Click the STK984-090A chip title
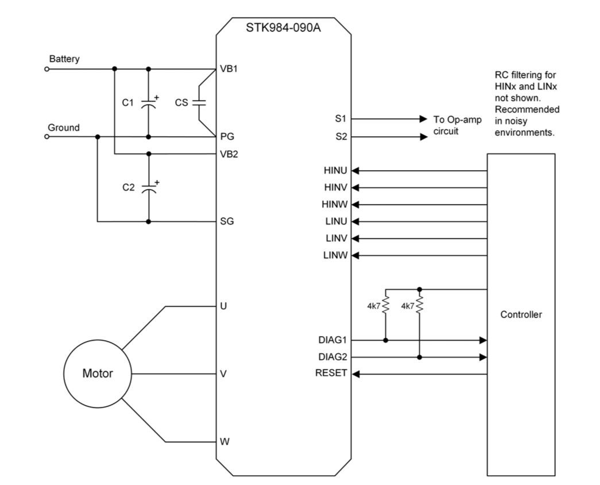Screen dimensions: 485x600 284,28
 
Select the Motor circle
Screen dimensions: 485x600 98,373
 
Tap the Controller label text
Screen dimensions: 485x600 521,314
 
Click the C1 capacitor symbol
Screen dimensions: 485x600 149,103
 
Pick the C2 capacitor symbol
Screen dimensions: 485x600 149,188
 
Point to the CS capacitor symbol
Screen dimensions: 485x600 199,103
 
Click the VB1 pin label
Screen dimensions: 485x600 229,68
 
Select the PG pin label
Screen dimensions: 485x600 227,137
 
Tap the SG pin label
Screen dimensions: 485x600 227,221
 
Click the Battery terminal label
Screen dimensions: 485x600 64,59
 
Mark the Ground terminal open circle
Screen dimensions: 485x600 47,137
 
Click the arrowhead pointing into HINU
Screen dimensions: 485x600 355,171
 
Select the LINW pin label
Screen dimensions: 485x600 336,256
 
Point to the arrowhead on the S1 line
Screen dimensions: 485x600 424,120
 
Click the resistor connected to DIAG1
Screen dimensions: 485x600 386,305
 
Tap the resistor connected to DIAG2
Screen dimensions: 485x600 420,305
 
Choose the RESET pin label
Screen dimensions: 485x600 331,373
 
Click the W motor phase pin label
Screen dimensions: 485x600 224,442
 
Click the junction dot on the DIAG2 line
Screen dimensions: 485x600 420,357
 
